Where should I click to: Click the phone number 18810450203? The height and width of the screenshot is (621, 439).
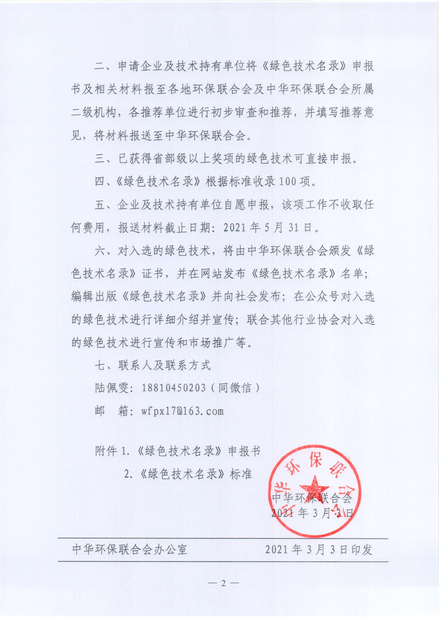(x=173, y=388)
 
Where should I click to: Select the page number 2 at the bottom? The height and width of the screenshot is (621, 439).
(x=223, y=583)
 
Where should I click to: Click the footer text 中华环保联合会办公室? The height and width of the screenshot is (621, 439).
(x=130, y=549)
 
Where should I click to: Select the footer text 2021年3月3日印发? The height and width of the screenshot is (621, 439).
(x=319, y=549)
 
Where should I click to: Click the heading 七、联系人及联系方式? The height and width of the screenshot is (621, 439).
(x=153, y=365)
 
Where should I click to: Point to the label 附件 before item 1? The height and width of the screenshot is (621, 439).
(x=106, y=451)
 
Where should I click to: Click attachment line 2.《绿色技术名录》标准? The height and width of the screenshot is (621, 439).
(x=188, y=474)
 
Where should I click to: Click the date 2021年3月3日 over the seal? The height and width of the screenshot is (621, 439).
(x=312, y=513)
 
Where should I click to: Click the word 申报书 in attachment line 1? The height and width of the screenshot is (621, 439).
(x=244, y=451)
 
